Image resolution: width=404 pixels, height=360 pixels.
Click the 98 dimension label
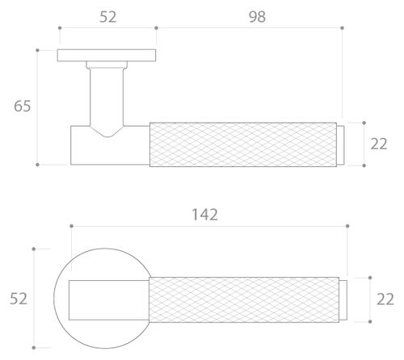click(257, 17)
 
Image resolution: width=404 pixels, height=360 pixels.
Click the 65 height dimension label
click(22, 106)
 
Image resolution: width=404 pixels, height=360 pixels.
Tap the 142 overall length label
click(204, 215)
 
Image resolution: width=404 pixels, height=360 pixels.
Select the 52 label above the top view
click(107, 17)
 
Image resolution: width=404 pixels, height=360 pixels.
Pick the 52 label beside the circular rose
click(19, 299)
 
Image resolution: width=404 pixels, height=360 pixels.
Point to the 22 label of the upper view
click(379, 144)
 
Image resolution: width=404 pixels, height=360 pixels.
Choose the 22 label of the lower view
click(385, 299)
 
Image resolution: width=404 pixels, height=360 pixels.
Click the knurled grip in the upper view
click(243, 144)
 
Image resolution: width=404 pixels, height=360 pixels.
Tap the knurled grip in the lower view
click(244, 299)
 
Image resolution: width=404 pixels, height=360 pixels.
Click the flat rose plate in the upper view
click(107, 55)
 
